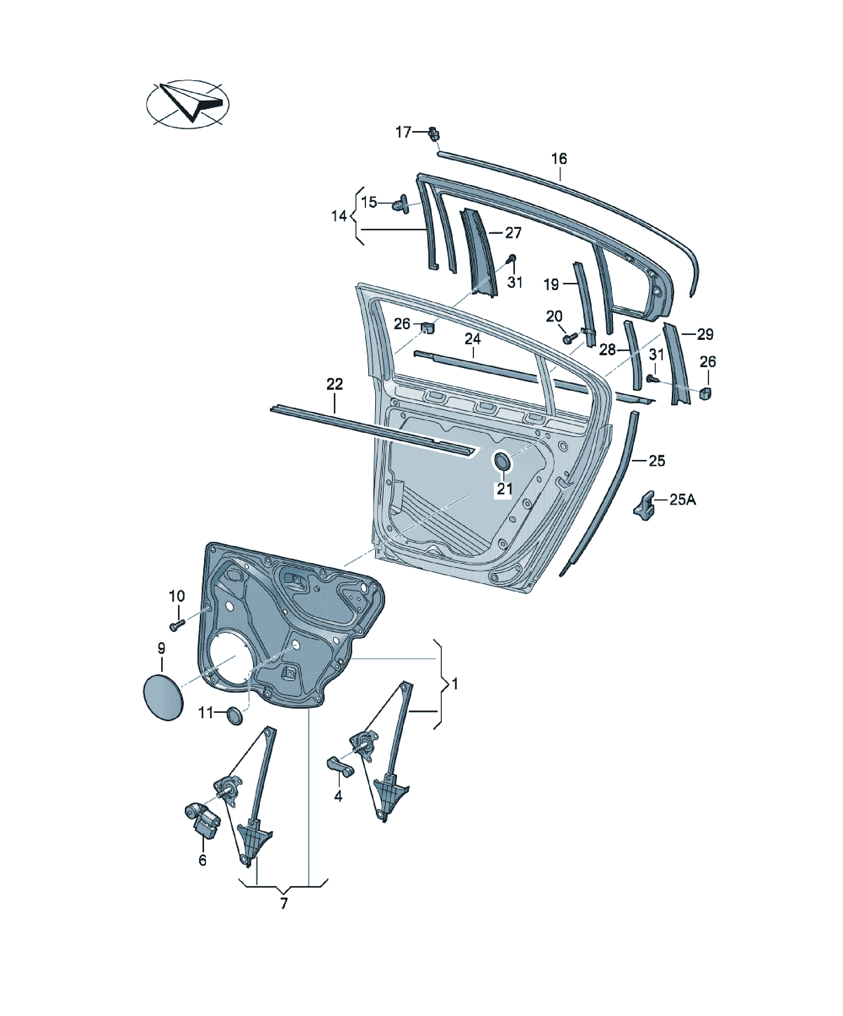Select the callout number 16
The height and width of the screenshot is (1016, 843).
click(x=559, y=158)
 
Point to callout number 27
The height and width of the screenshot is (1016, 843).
click(x=513, y=233)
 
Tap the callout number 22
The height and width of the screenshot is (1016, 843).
click(x=335, y=384)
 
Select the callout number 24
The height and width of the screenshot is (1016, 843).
click(x=473, y=339)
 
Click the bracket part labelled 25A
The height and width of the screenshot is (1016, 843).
click(x=644, y=506)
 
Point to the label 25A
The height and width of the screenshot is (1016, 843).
click(x=683, y=499)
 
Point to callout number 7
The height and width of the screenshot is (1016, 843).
click(x=284, y=903)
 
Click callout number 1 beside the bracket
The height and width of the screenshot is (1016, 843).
click(x=454, y=684)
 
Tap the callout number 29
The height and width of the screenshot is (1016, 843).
click(x=705, y=334)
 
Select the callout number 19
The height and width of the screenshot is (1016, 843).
click(x=551, y=284)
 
